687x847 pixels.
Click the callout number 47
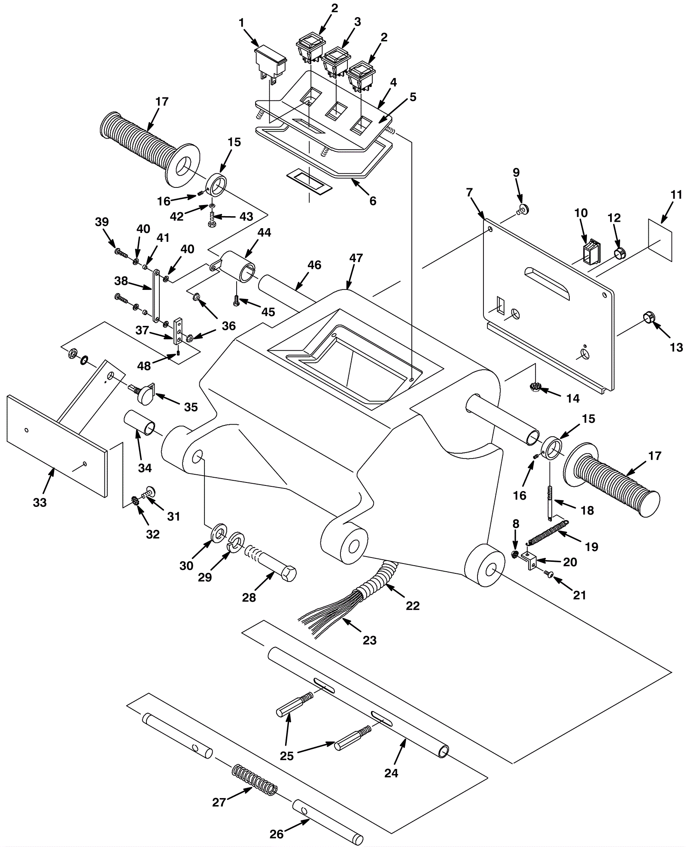pyautogui.click(x=356, y=258)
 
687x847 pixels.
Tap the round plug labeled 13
pyautogui.click(x=649, y=317)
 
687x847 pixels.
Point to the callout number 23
pyautogui.click(x=369, y=640)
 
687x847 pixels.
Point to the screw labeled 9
pyautogui.click(x=523, y=210)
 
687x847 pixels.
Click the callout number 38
pyautogui.click(x=122, y=280)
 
